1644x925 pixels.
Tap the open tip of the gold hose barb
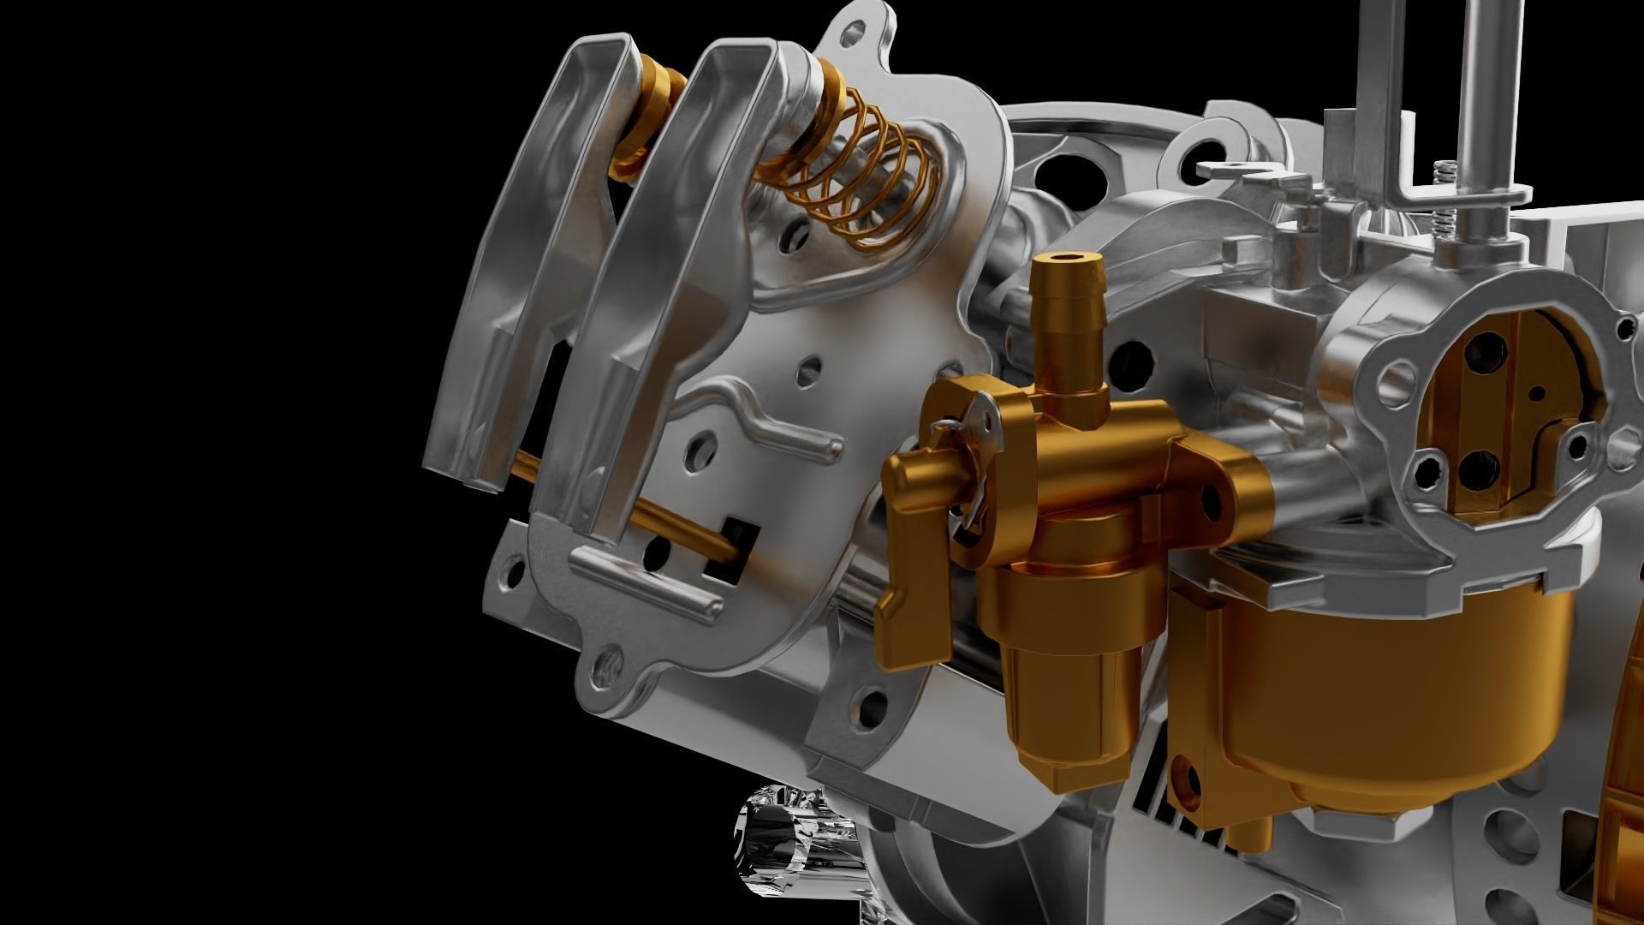(1065, 259)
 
